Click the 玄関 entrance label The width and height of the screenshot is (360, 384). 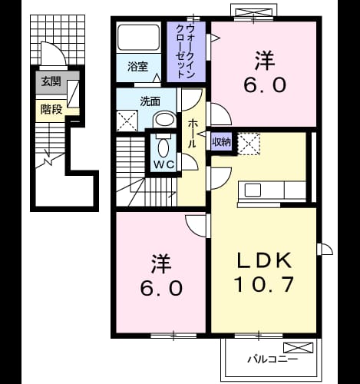(51, 81)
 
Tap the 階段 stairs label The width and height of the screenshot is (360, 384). (51, 110)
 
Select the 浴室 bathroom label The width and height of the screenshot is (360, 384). (138, 67)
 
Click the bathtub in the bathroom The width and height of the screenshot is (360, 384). (138, 38)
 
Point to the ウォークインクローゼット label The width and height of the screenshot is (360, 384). (186, 51)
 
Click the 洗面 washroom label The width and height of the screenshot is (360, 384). (150, 101)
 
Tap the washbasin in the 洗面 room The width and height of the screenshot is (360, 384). (165, 120)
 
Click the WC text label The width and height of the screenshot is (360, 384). (164, 164)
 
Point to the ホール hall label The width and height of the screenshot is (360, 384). (192, 134)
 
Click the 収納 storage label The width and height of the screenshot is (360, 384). (222, 142)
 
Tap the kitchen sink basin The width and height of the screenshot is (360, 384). (253, 190)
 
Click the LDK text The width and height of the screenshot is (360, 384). (264, 260)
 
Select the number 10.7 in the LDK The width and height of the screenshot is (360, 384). (264, 284)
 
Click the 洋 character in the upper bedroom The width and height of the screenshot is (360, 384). (265, 61)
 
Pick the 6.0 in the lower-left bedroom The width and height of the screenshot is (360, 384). (161, 287)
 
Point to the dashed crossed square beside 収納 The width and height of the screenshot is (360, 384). (249, 144)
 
